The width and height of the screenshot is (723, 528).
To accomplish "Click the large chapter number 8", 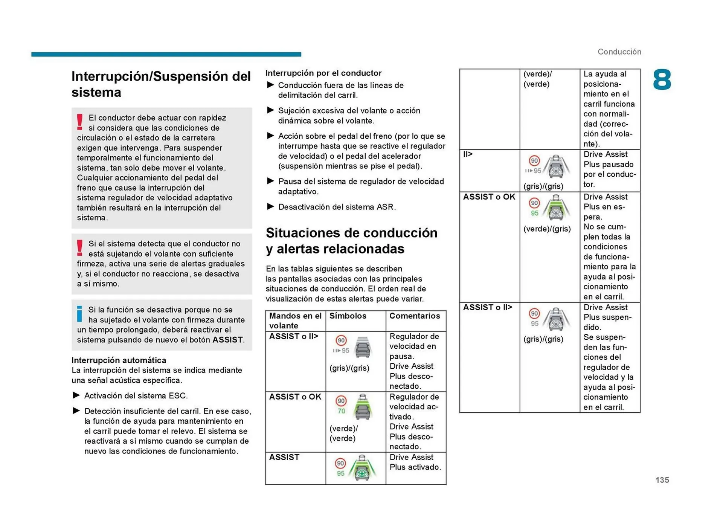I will coord(662,80).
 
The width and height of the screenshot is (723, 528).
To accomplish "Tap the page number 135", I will coord(662,480).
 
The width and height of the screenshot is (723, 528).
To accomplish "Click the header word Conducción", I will coord(619,52).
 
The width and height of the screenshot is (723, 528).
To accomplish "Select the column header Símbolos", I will coord(348,316).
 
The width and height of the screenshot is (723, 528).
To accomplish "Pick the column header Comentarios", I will coord(414,316).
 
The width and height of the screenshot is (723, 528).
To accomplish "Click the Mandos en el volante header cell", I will coord(295,320).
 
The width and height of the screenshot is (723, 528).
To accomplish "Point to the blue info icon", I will coord(79,314).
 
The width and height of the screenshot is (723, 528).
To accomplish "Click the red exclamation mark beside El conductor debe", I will coord(79,122).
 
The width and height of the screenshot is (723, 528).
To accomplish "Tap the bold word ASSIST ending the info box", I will coord(227,340).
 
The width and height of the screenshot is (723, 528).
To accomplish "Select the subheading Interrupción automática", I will coord(119,360).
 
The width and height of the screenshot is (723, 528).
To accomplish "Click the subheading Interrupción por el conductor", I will coord(323,73).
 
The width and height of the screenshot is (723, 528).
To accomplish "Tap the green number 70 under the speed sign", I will coord(341,411).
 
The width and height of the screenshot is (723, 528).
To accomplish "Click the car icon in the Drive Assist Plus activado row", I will coord(362,469).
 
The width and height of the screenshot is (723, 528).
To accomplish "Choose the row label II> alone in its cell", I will coord(468,154).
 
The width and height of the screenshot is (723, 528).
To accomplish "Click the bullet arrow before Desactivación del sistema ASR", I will coord(270,206).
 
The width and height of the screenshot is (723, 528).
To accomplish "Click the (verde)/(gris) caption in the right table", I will coord(547,229).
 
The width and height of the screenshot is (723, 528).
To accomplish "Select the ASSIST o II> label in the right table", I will coord(487,307).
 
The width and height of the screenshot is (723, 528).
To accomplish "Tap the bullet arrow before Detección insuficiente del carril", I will coord(76,410).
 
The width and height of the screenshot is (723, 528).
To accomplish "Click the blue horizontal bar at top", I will coord(166,54).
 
